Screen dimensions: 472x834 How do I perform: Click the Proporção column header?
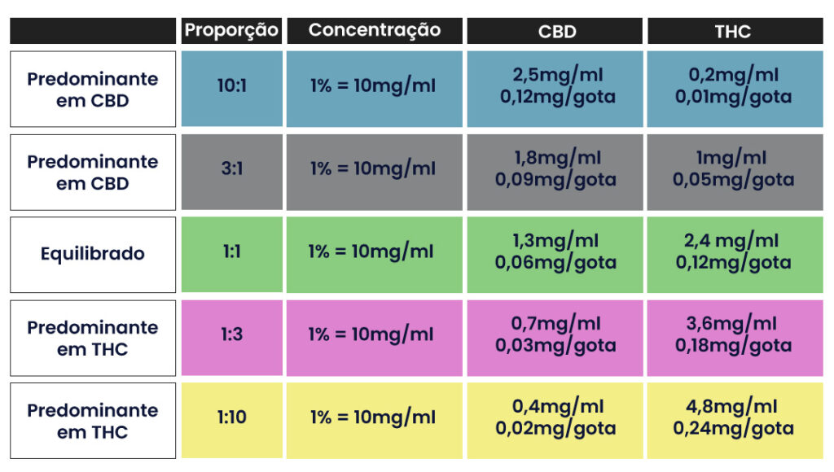pos(232,31)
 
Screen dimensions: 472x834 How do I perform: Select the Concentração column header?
pos(375,31)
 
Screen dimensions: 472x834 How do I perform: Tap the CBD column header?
pos(556,32)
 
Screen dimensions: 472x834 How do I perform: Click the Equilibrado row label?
pos(93,254)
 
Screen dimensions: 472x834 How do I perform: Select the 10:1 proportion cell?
pos(232,85)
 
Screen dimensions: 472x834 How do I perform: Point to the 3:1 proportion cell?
pos(232,169)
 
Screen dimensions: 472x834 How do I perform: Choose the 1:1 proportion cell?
pos(232,252)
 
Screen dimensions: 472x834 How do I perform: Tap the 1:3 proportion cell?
pos(232,334)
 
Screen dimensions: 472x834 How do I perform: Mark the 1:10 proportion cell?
pos(232,418)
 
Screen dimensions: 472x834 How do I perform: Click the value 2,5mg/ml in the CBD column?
pos(556,76)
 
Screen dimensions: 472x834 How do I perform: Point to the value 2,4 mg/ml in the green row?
pos(733,241)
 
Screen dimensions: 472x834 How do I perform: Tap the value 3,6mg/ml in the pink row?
pos(733,324)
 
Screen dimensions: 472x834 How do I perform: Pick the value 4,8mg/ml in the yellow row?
pos(733,407)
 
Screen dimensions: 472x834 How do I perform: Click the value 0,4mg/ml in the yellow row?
pos(556,407)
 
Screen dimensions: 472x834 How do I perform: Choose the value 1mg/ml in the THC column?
pos(733,158)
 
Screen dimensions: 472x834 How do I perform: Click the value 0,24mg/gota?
pos(733,428)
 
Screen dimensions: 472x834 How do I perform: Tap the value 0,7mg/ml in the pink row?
pos(556,324)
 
